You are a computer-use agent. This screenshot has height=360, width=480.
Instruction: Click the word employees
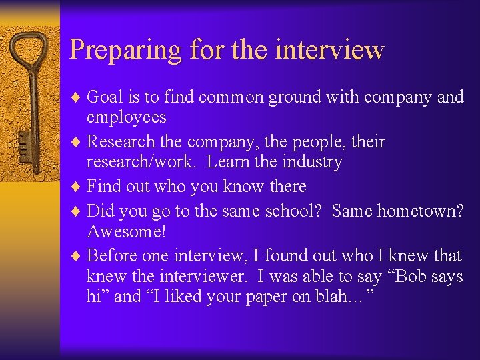(127, 117)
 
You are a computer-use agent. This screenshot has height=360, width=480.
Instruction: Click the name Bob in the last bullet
(401, 276)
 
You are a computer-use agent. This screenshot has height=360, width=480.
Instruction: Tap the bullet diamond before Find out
(77, 187)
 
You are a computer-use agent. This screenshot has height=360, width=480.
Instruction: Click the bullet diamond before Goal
(77, 97)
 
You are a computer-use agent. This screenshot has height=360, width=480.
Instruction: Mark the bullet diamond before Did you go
(77, 211)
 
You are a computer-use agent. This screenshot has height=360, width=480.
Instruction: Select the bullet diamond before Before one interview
(77, 256)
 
